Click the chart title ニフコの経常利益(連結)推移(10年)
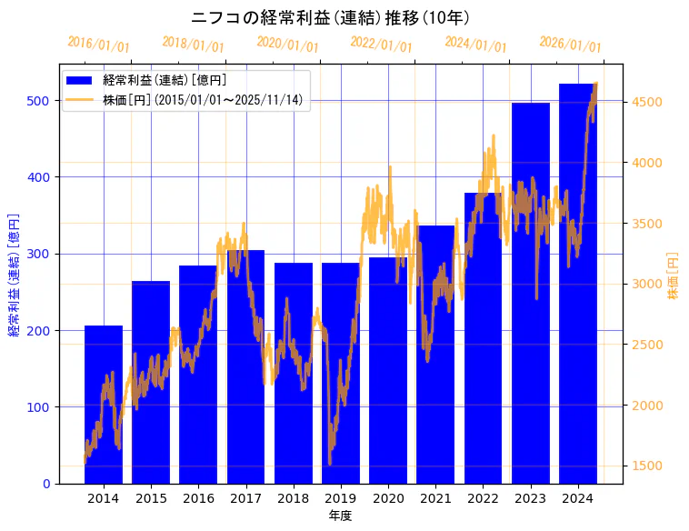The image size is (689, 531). (x=330, y=17)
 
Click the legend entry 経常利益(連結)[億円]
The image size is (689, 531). (x=165, y=81)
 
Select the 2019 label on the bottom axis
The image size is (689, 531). (x=341, y=497)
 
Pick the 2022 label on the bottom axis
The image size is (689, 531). (x=483, y=497)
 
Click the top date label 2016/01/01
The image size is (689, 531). (x=98, y=44)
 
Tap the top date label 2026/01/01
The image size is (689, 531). (x=570, y=44)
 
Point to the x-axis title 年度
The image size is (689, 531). (x=340, y=516)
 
